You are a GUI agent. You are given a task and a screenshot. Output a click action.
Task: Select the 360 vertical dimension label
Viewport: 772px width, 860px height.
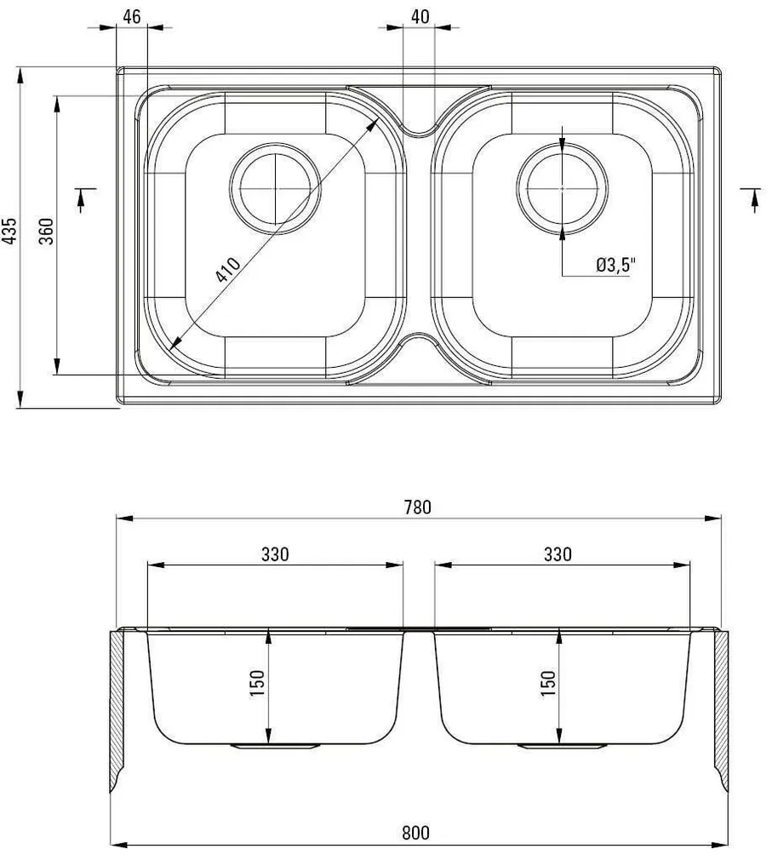pyautogui.click(x=47, y=232)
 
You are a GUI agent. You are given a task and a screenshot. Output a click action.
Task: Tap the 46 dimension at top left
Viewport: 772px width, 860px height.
pyautogui.click(x=131, y=16)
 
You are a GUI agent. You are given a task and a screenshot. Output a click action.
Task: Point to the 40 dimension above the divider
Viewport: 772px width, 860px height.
pyautogui.click(x=418, y=16)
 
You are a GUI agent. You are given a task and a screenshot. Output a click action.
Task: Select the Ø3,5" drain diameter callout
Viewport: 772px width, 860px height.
pyautogui.click(x=615, y=266)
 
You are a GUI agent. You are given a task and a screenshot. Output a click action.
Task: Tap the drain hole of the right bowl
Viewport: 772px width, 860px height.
pyautogui.click(x=563, y=186)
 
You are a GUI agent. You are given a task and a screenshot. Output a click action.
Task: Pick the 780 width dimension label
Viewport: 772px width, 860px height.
pyautogui.click(x=418, y=507)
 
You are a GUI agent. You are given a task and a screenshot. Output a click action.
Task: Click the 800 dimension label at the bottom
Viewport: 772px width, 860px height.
pyautogui.click(x=418, y=833)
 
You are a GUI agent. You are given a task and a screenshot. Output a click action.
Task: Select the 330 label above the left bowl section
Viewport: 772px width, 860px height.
pyautogui.click(x=275, y=553)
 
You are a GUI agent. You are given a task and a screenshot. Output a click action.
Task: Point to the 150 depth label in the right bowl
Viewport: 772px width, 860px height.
pyautogui.click(x=547, y=684)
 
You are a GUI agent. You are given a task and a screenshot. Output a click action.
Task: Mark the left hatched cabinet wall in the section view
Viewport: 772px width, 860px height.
pyautogui.click(x=117, y=707)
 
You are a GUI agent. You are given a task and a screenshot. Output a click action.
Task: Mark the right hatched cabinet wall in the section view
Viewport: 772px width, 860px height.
pyautogui.click(x=722, y=707)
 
